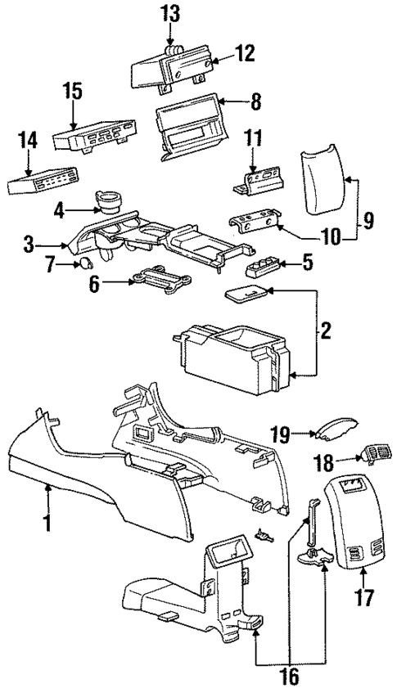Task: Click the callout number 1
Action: [x=47, y=520]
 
